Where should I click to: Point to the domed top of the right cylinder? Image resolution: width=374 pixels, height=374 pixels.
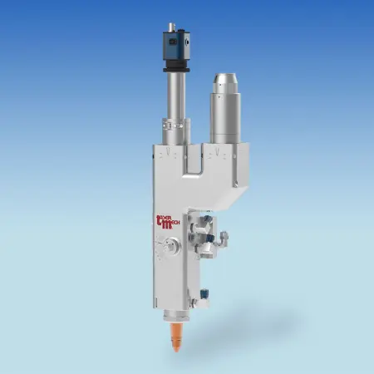click(x=224, y=80)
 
